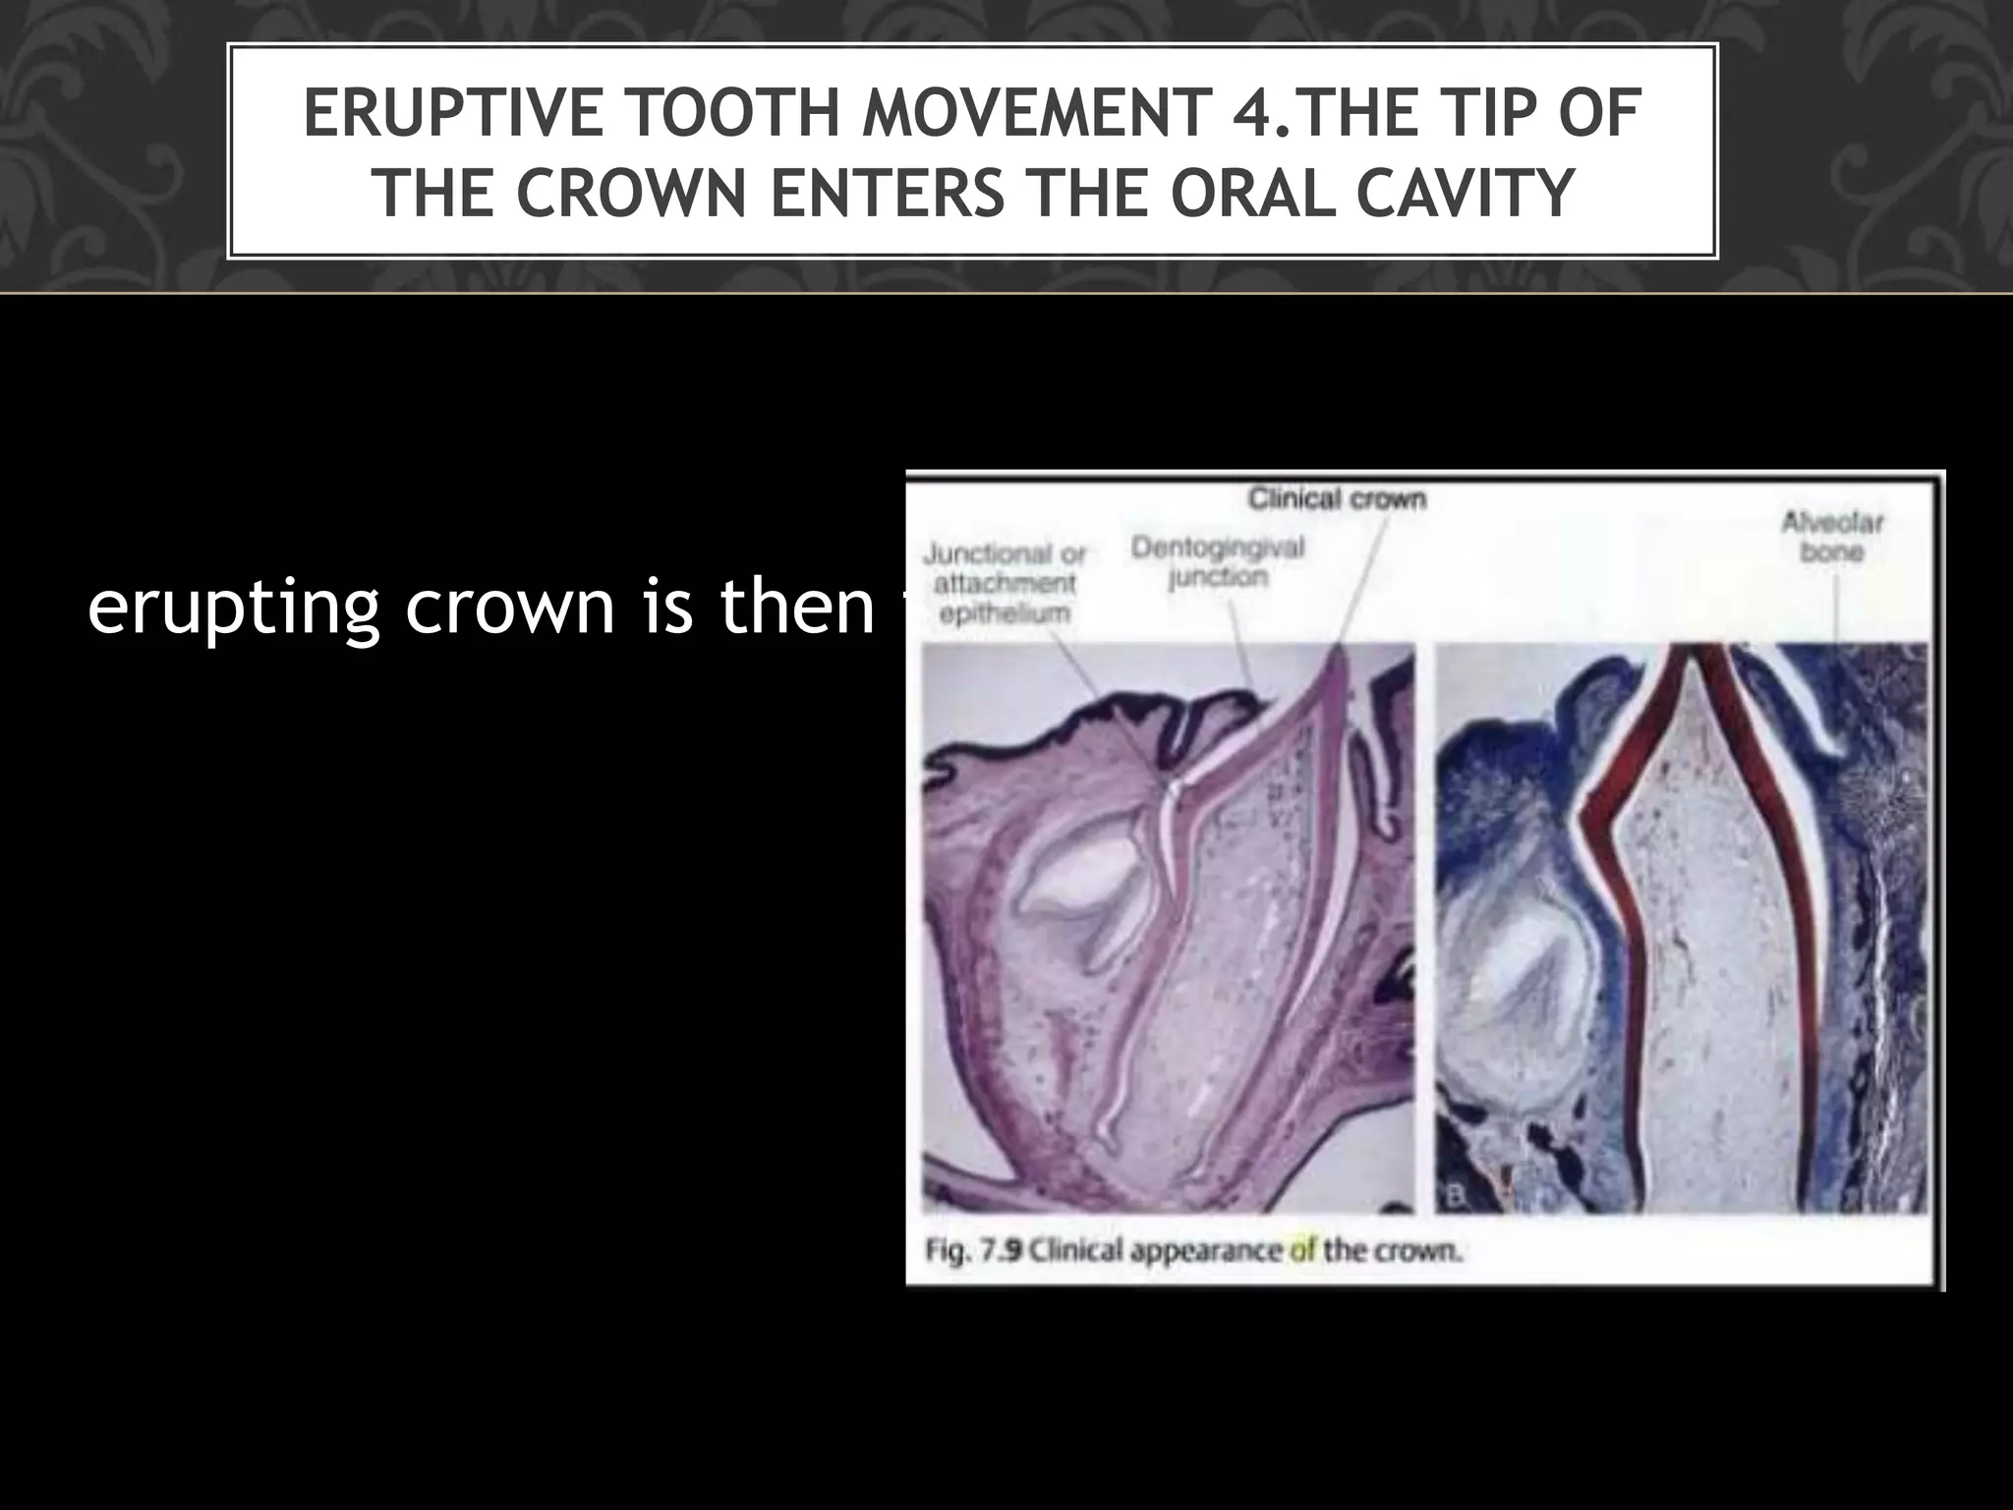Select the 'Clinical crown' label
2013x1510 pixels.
click(1337, 499)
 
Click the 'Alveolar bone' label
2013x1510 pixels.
click(1832, 537)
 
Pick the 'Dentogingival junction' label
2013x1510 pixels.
click(1218, 561)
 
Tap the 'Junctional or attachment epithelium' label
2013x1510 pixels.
click(1004, 584)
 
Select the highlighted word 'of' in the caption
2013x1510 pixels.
click(1302, 1251)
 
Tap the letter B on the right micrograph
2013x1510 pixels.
click(1455, 1196)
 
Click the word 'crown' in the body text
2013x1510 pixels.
click(507, 610)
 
